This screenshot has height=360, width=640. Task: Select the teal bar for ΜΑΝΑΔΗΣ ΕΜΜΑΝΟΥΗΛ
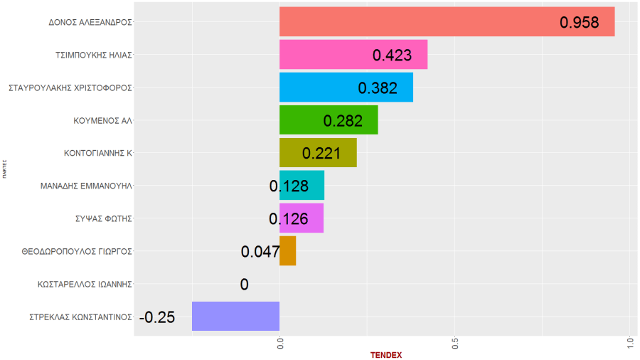pyautogui.click(x=313, y=186)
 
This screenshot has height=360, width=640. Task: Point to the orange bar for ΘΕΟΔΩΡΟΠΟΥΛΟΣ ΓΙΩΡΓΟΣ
pyautogui.click(x=287, y=251)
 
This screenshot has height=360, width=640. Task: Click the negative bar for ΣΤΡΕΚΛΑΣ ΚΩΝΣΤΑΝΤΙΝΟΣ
pyautogui.click(x=235, y=317)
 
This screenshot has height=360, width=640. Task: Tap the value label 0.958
pyautogui.click(x=580, y=23)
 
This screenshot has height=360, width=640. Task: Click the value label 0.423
pyautogui.click(x=393, y=55)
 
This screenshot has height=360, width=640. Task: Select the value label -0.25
pyautogui.click(x=157, y=317)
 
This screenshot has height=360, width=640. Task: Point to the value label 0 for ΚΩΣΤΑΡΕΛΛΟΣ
pyautogui.click(x=244, y=285)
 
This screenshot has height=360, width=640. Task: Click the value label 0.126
pyautogui.click(x=289, y=219)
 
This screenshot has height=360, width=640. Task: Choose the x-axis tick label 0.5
pyautogui.click(x=455, y=343)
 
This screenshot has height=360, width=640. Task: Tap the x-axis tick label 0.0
pyautogui.click(x=280, y=343)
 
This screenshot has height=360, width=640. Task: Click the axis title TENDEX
pyautogui.click(x=386, y=354)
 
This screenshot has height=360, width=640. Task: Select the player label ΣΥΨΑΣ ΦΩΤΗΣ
pyautogui.click(x=104, y=218)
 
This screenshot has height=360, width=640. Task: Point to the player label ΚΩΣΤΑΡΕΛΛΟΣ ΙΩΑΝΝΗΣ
pyautogui.click(x=85, y=284)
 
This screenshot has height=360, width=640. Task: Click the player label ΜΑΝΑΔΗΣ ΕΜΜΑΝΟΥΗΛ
pyautogui.click(x=88, y=186)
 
